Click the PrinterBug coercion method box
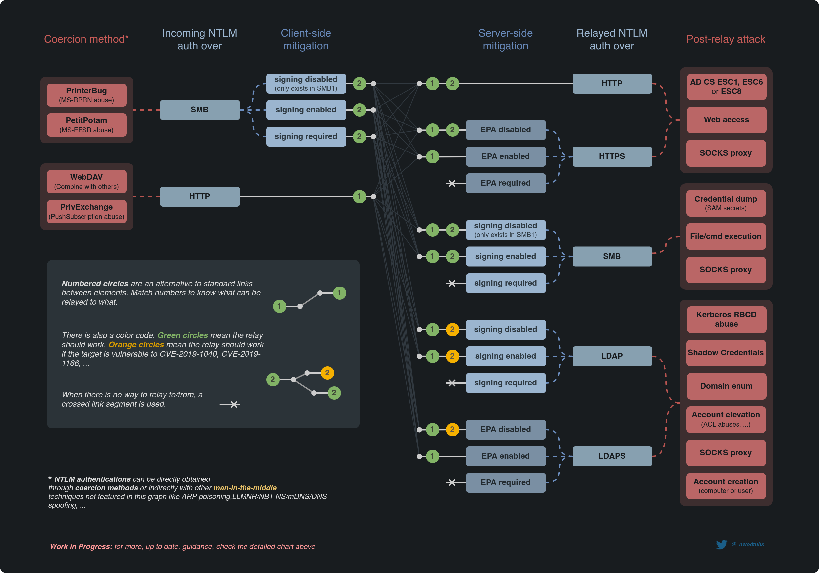click(87, 95)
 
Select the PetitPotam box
click(87, 125)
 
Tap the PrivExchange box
click(87, 211)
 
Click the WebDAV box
click(87, 181)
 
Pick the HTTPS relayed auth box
click(612, 156)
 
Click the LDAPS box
click(612, 456)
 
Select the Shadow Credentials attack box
click(726, 352)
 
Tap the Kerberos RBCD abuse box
click(726, 319)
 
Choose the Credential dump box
click(726, 203)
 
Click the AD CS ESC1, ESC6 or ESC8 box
click(726, 86)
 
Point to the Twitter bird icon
click(721, 544)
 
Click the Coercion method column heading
click(86, 39)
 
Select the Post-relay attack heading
click(726, 39)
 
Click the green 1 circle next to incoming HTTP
click(359, 196)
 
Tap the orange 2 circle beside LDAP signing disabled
click(452, 329)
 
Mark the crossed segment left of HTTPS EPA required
click(452, 183)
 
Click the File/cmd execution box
click(726, 236)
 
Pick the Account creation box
click(726, 485)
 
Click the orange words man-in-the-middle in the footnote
click(245, 488)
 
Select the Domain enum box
click(726, 386)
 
